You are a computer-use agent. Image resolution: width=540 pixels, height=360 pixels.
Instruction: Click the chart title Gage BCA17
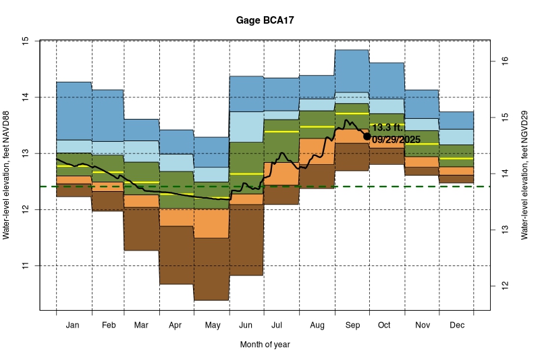tap(265, 21)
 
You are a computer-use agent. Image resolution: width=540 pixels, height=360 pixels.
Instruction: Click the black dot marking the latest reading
tap(367, 136)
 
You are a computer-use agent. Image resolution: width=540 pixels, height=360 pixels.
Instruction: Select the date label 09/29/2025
tap(396, 139)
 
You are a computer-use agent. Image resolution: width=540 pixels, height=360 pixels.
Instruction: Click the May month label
tap(212, 326)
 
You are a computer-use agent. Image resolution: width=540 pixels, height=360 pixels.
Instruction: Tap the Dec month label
tap(456, 326)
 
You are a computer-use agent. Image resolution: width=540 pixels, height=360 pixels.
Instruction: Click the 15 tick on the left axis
tap(25, 41)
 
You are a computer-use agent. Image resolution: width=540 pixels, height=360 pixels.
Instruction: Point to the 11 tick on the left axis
tap(25, 265)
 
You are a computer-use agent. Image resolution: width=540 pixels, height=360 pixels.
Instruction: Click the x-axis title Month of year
tap(265, 344)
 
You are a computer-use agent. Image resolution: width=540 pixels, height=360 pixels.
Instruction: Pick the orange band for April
tap(177, 217)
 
